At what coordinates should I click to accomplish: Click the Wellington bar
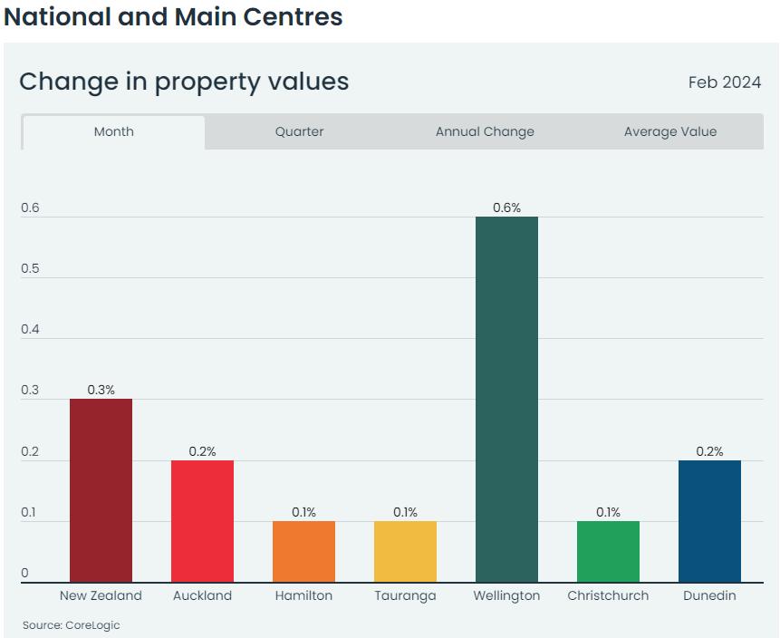(x=506, y=399)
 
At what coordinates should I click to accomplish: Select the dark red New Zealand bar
(x=101, y=490)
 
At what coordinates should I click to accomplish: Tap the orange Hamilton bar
(x=303, y=551)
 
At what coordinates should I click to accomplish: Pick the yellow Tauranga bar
(x=405, y=551)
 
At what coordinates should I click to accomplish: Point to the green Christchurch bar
(x=608, y=551)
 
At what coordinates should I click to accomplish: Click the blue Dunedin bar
(x=709, y=521)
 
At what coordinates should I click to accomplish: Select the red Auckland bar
(x=202, y=521)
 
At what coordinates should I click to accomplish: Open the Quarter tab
(x=299, y=131)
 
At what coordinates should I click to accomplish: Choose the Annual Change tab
(x=485, y=131)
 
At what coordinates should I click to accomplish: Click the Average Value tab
(x=670, y=131)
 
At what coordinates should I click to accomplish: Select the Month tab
(x=114, y=131)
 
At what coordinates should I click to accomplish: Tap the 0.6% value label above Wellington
(x=506, y=208)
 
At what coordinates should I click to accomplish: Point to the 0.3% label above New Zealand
(x=101, y=390)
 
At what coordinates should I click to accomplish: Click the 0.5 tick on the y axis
(x=31, y=269)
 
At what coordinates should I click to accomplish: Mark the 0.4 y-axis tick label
(x=31, y=330)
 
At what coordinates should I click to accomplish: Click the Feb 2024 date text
(x=725, y=82)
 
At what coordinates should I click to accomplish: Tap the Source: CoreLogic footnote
(x=72, y=625)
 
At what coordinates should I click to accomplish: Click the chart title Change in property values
(x=184, y=82)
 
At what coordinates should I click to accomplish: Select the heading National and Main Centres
(x=173, y=16)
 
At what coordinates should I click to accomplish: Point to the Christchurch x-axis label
(x=608, y=596)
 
